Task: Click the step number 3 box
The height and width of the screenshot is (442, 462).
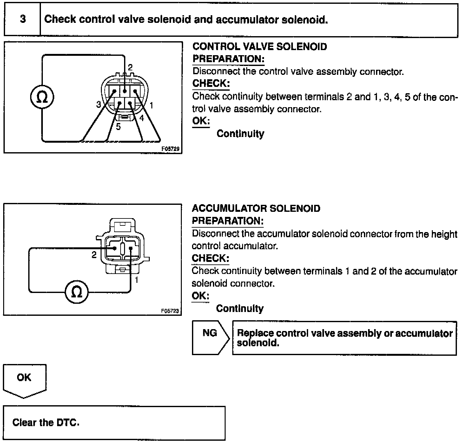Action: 23,19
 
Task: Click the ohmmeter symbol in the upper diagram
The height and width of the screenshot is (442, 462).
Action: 42,97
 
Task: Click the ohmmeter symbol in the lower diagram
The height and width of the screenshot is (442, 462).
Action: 77,292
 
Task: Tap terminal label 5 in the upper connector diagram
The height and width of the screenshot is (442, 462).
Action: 118,127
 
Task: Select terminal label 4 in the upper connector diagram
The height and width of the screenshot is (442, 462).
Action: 142,118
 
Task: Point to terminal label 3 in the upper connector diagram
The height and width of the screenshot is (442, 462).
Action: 99,104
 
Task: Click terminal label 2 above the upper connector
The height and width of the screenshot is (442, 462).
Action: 130,67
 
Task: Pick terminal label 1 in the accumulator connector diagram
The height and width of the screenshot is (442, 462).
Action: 137,280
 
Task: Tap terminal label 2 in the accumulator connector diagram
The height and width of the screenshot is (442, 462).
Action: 94,255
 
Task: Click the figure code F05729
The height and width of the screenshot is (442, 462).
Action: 171,149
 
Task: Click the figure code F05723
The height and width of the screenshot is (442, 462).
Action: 170,311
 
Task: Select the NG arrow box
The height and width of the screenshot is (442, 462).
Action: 210,337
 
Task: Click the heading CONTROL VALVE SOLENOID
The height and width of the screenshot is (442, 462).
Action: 260,47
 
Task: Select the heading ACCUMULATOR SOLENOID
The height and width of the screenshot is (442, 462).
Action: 256,208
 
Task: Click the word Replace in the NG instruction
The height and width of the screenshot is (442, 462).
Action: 255,333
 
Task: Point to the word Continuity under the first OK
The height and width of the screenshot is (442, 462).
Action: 240,134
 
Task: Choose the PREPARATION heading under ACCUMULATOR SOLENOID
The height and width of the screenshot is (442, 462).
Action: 228,221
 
